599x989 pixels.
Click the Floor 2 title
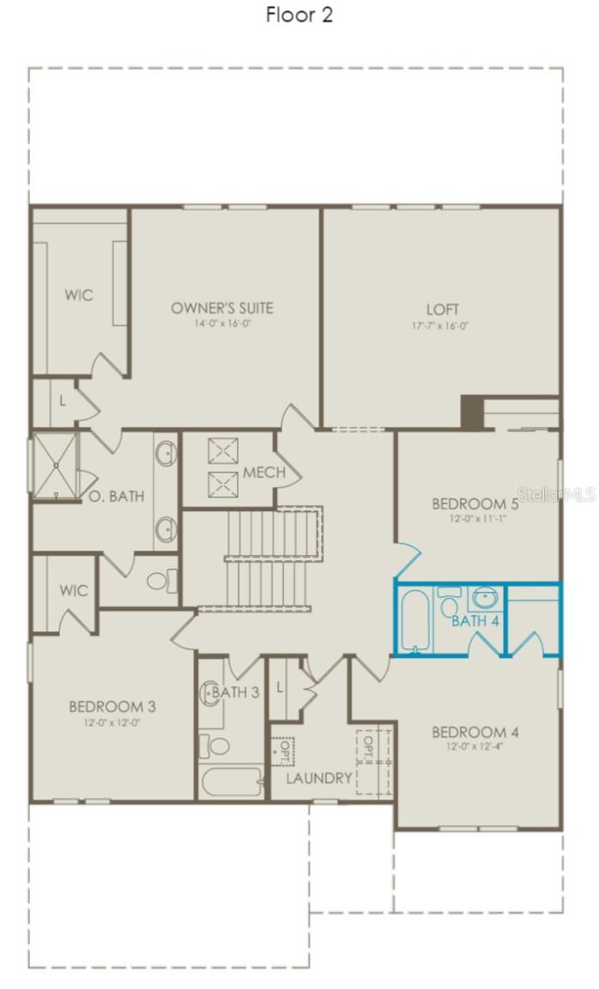(299, 15)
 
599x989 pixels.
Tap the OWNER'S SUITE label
(222, 308)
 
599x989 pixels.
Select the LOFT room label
(443, 309)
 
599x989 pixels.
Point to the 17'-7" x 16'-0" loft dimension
(443, 325)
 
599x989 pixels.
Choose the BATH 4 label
(475, 620)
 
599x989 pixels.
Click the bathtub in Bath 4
(414, 620)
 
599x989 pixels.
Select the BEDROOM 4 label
(475, 732)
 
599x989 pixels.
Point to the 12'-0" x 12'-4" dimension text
(475, 748)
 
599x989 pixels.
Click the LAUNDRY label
(318, 778)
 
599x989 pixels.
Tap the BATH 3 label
(235, 691)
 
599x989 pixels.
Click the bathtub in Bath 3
(230, 781)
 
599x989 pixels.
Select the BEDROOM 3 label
(112, 707)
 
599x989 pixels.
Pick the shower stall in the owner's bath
(55, 466)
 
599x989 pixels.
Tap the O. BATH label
(116, 496)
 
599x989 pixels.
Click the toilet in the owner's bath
(160, 581)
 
